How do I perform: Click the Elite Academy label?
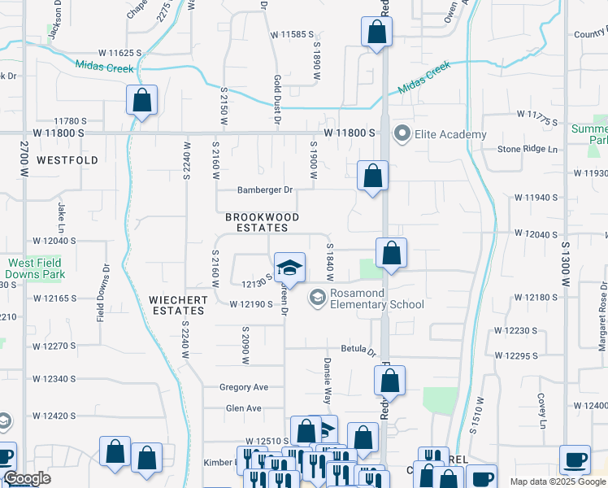point(451,134)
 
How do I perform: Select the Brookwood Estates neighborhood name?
point(263,223)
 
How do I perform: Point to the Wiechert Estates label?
point(177,305)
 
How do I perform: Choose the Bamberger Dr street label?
point(264,190)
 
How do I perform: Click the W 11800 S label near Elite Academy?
point(349,133)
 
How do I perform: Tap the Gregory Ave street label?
point(243,387)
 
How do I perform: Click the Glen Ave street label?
point(243,408)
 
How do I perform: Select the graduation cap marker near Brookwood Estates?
point(289,268)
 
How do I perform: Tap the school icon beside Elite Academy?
point(402,133)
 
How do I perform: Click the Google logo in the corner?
point(27,479)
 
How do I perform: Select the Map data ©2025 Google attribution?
point(558,481)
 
